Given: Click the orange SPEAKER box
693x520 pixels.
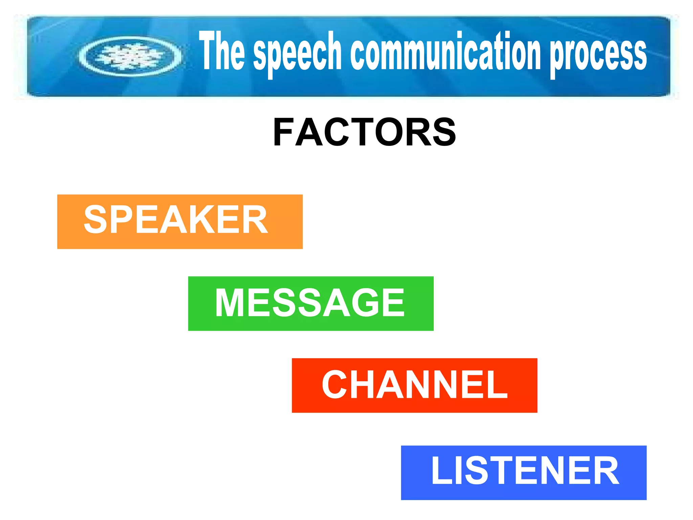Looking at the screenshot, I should [180, 222].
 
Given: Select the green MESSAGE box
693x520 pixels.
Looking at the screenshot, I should [311, 303].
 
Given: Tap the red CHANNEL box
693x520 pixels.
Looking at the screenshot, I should [414, 385].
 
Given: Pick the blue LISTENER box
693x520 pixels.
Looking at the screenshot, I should [523, 473].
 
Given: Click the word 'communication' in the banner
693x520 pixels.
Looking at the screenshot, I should [445, 51].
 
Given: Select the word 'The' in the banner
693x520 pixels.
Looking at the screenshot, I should [222, 51].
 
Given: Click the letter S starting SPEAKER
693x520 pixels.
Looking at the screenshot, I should [96, 220].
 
